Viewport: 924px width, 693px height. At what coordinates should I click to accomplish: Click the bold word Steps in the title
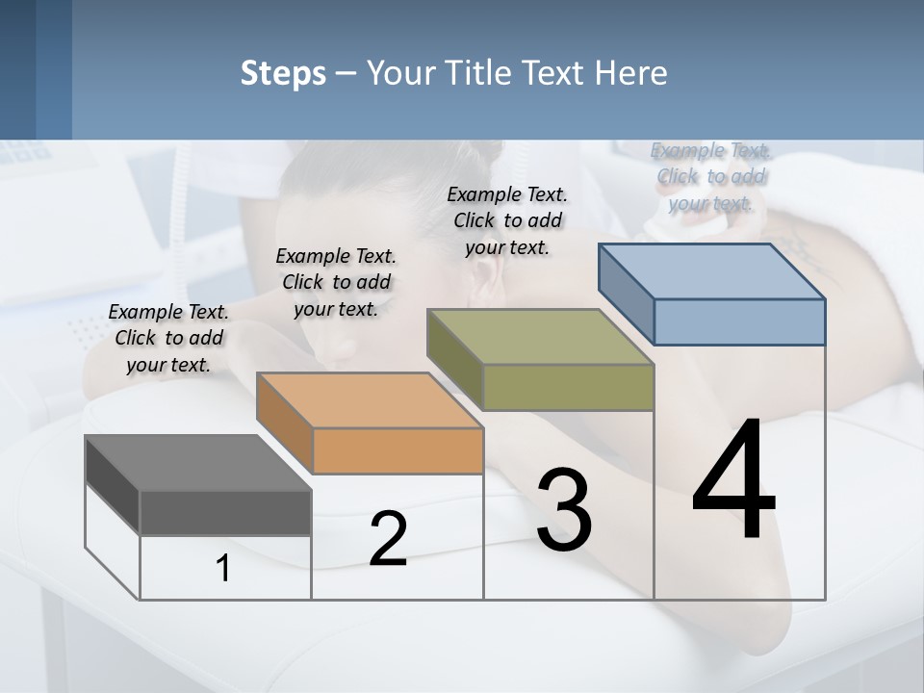[x=283, y=73]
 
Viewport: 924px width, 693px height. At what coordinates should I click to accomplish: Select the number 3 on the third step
[x=564, y=510]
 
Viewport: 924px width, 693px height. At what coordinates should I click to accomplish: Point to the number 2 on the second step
[x=388, y=539]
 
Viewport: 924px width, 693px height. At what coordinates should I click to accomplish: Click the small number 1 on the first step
[x=222, y=569]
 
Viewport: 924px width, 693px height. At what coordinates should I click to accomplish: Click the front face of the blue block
[x=739, y=321]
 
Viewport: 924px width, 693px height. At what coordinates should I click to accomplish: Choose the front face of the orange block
[x=398, y=450]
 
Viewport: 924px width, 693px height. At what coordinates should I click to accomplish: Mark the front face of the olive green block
[x=568, y=387]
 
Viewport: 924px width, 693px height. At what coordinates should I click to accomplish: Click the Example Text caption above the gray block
[x=168, y=338]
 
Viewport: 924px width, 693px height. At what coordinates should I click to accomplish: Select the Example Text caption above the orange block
[x=336, y=282]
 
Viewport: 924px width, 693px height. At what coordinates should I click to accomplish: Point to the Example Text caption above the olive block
[x=507, y=220]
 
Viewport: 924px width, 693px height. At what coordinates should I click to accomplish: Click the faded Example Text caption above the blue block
[x=710, y=176]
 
